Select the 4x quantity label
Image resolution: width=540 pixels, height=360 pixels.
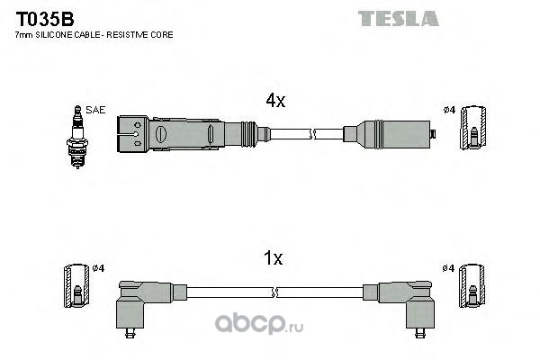pos(274,102)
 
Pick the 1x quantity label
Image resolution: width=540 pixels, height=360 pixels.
pos(273,259)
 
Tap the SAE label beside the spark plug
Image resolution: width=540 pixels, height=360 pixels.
pos(96,110)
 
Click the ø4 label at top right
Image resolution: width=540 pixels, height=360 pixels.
pos(449,111)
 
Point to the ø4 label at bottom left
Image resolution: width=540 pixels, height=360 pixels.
pos(99,268)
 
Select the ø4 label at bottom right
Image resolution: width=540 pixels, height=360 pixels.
pos(449,268)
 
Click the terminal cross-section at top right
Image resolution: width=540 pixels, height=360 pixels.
pos(473,130)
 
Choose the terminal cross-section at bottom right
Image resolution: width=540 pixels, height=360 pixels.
pos(473,288)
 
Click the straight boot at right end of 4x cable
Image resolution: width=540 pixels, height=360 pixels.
pos(387,136)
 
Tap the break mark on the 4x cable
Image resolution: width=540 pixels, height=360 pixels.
pos(312,135)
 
